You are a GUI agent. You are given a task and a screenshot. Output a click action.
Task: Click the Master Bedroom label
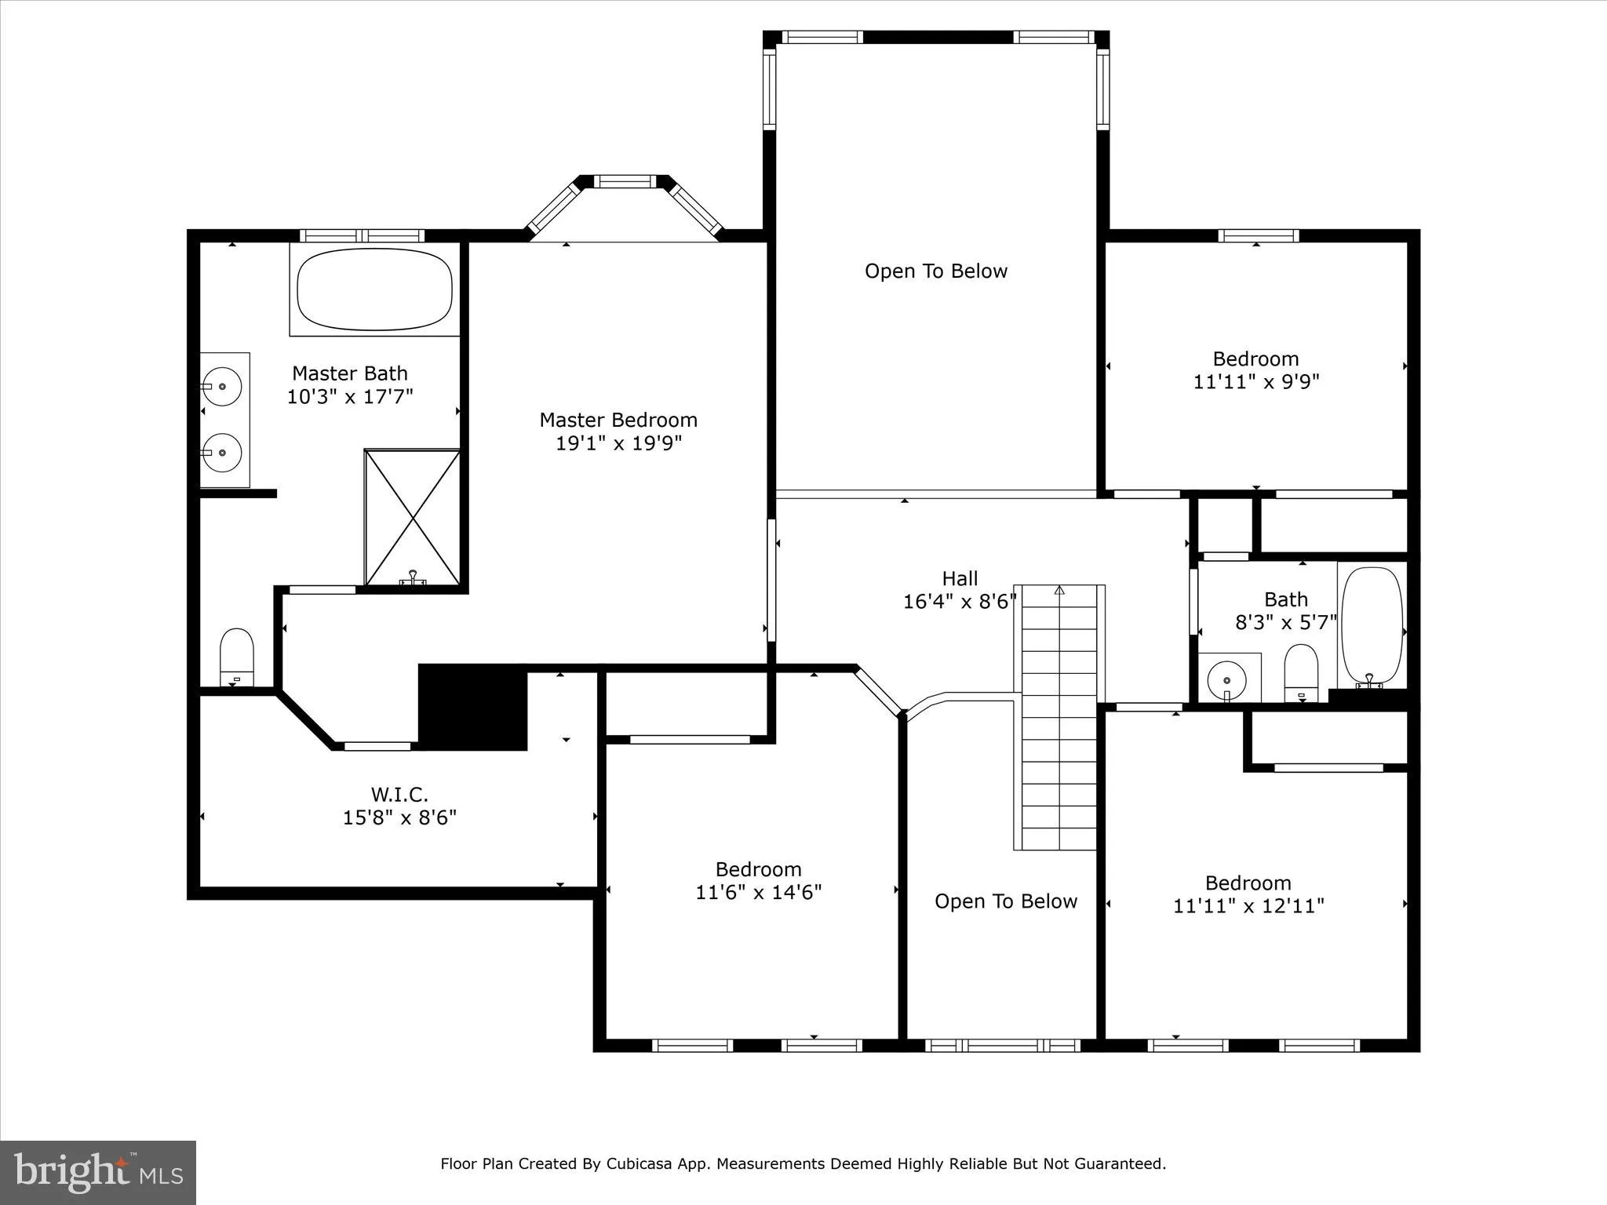(618, 420)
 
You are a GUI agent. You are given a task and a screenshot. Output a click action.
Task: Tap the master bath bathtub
(375, 289)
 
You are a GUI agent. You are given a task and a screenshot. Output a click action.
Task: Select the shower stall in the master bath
(413, 518)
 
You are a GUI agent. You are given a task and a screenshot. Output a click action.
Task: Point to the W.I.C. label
(399, 794)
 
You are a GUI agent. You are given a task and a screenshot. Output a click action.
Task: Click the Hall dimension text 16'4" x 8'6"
(960, 602)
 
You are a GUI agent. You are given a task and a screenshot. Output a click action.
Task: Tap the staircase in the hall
(1059, 717)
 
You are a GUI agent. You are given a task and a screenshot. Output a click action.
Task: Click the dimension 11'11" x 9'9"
(1256, 382)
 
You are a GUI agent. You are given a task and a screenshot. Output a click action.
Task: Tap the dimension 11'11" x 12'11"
(1248, 906)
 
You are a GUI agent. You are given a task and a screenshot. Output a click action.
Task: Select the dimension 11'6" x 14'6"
(758, 893)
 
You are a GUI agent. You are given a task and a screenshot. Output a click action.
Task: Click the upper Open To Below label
(936, 271)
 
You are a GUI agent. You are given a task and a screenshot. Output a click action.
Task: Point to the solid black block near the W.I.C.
(472, 708)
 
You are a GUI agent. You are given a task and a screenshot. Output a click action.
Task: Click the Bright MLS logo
(98, 1173)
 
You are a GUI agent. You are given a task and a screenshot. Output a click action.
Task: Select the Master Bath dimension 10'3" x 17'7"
(350, 397)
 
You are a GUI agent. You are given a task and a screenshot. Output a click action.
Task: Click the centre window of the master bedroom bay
(625, 181)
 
